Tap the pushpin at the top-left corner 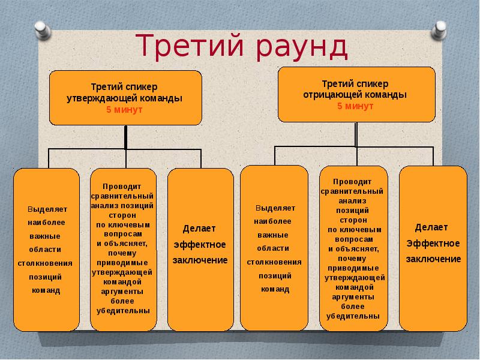coord(42,30)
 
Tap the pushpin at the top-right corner coord(439,30)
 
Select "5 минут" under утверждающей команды coord(124,110)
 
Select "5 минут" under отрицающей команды coord(355,106)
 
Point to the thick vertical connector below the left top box coord(126,137)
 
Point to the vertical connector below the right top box coord(356,134)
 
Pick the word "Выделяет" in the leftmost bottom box coord(47,209)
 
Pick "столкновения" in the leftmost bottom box coord(45,263)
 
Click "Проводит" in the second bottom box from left coord(122,187)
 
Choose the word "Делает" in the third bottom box coord(199,229)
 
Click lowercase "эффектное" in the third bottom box coord(200,245)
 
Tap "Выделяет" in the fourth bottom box coord(275,208)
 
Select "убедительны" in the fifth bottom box coord(353,316)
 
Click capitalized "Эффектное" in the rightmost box coord(433,244)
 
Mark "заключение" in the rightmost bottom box coord(433,259)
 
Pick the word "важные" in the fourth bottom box coord(273,235)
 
